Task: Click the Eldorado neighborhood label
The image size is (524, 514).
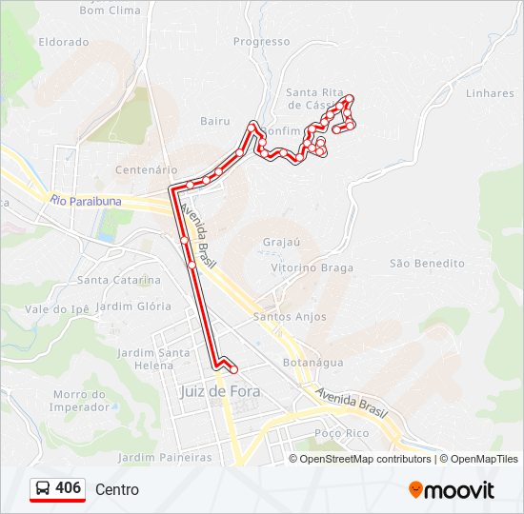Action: [64, 42]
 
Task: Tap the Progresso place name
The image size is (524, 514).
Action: [261, 42]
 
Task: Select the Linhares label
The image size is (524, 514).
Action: [491, 93]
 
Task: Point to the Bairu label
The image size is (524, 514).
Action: [215, 121]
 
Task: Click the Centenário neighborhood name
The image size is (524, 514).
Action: [146, 169]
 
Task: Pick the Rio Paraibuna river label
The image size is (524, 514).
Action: [87, 201]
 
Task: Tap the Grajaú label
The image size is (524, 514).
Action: [281, 242]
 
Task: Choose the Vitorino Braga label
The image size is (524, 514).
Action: [312, 267]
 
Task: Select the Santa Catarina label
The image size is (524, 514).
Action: [119, 280]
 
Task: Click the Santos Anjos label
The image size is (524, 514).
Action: [290, 317]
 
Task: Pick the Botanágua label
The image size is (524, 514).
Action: [313, 363]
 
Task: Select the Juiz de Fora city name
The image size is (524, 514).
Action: [220, 391]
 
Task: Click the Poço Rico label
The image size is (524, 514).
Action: [342, 433]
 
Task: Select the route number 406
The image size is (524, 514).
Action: [68, 488]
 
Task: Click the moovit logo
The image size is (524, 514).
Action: [452, 490]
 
